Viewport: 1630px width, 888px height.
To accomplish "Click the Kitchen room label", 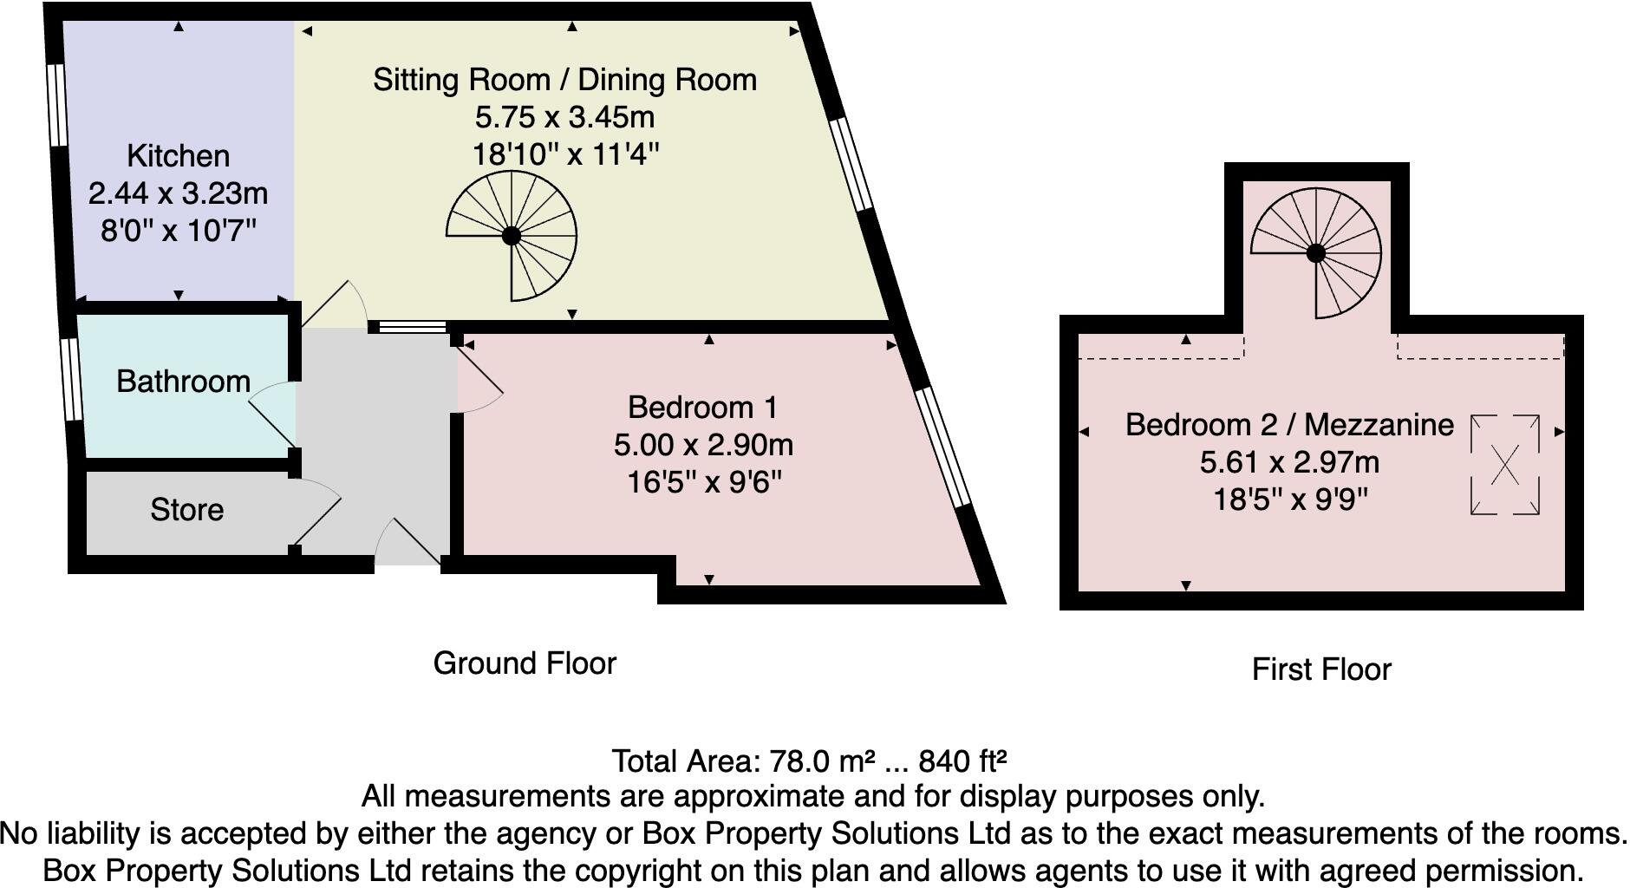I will [x=179, y=156].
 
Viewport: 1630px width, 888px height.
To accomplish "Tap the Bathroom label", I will [x=183, y=382].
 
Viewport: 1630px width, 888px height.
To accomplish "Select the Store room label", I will [x=186, y=510].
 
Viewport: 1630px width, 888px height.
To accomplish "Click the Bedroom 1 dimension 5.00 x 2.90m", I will [x=703, y=445].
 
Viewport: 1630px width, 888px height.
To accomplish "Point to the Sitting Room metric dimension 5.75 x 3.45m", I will [x=564, y=117].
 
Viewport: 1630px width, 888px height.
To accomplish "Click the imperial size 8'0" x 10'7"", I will [x=179, y=231].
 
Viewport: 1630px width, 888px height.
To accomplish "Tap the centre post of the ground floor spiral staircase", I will [x=512, y=236].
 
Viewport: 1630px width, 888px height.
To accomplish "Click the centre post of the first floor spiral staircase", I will [x=1315, y=253].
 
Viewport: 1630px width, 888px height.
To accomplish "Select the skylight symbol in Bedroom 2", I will [x=1505, y=465].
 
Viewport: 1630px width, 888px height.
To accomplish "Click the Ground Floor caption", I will [x=525, y=663].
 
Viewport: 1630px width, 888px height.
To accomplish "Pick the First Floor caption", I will [x=1321, y=669].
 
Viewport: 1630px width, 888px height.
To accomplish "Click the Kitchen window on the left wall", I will [x=56, y=104].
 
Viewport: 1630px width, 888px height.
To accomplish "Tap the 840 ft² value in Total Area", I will [x=962, y=761].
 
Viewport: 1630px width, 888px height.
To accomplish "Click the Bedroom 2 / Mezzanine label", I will [x=1289, y=425].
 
